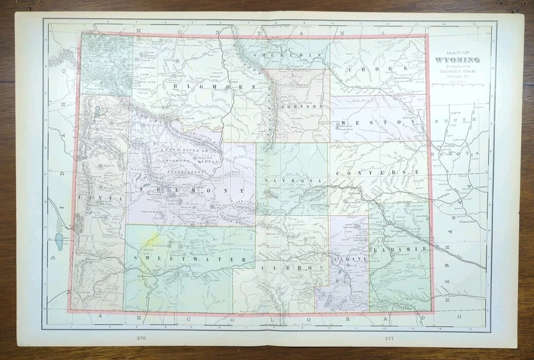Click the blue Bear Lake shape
(59, 240)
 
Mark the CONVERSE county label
(378, 172)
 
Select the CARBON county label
(289, 268)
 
